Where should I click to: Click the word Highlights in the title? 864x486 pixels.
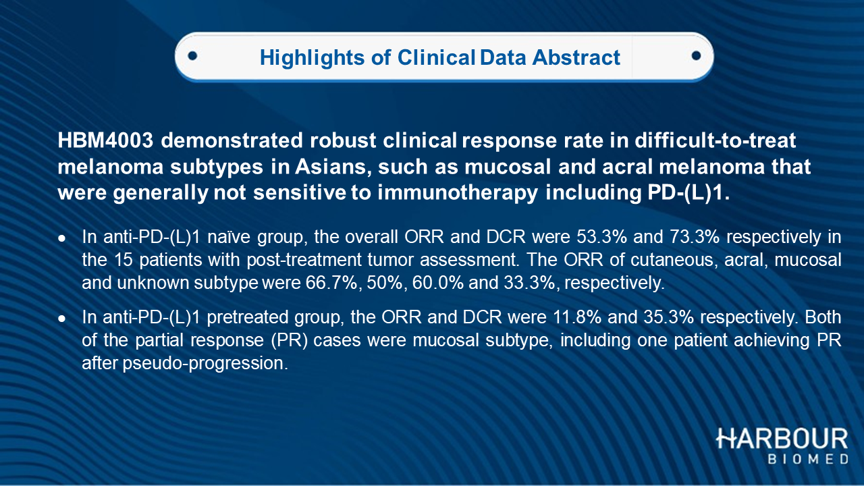click(x=312, y=58)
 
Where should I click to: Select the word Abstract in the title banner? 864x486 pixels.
click(x=576, y=57)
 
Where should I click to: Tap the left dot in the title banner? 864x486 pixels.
click(x=192, y=56)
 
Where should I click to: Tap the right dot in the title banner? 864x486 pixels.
click(x=696, y=56)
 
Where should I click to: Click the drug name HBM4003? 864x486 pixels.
click(x=106, y=140)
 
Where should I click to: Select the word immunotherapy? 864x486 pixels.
click(x=458, y=193)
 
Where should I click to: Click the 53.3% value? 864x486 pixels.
click(x=601, y=237)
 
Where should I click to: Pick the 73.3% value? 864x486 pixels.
click(x=695, y=237)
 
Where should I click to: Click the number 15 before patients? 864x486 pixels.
click(x=124, y=260)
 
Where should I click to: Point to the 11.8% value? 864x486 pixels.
click(x=576, y=317)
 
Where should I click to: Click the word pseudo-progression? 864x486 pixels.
click(x=205, y=363)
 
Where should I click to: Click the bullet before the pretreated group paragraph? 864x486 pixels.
click(x=61, y=319)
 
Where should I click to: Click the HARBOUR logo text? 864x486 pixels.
click(x=782, y=439)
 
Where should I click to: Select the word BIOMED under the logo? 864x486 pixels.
click(x=808, y=459)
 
